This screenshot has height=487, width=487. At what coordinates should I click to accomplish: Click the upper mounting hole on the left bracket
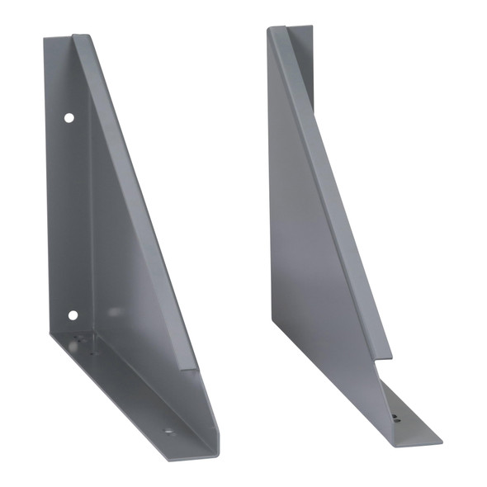(69, 118)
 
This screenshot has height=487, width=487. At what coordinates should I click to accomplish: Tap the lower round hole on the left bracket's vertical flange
(73, 314)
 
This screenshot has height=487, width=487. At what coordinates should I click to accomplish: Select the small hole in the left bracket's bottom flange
(168, 430)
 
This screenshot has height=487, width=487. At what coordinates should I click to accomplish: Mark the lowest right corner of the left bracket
(217, 454)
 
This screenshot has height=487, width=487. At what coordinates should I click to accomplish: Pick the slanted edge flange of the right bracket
(330, 190)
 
